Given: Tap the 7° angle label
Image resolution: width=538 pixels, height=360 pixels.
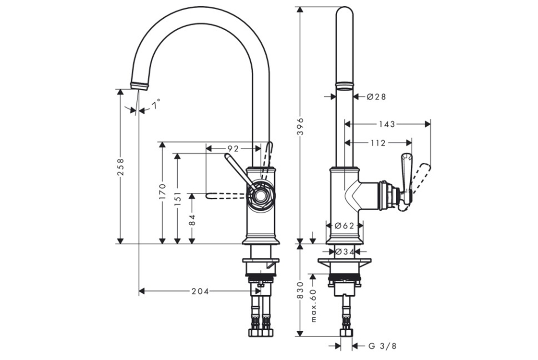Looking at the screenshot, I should (156, 104).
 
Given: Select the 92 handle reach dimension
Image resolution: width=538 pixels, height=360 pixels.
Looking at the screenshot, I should (233, 149).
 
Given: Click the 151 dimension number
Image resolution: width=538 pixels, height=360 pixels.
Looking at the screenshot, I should (177, 198).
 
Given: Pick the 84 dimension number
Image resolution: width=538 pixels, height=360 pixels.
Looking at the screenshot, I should (192, 220).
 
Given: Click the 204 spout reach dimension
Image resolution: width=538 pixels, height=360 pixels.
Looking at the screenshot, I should (200, 291).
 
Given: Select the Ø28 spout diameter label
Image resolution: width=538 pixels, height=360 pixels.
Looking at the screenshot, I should (377, 97).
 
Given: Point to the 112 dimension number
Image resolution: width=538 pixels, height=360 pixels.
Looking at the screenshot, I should (378, 143).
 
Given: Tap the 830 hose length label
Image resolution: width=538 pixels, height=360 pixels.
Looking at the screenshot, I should (300, 290).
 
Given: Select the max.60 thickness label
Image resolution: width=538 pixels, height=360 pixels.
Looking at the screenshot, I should (314, 305).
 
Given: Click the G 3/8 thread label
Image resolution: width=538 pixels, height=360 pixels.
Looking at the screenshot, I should (383, 346).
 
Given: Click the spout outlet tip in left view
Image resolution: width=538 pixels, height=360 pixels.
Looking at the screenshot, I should (139, 85).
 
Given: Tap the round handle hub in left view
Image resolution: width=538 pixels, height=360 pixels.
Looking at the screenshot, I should (261, 195).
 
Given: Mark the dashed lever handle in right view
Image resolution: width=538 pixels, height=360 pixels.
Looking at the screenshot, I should (422, 177).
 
